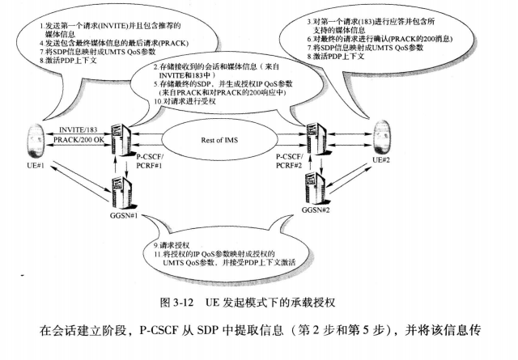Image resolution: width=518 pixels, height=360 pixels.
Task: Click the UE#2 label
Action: coord(381,161)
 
